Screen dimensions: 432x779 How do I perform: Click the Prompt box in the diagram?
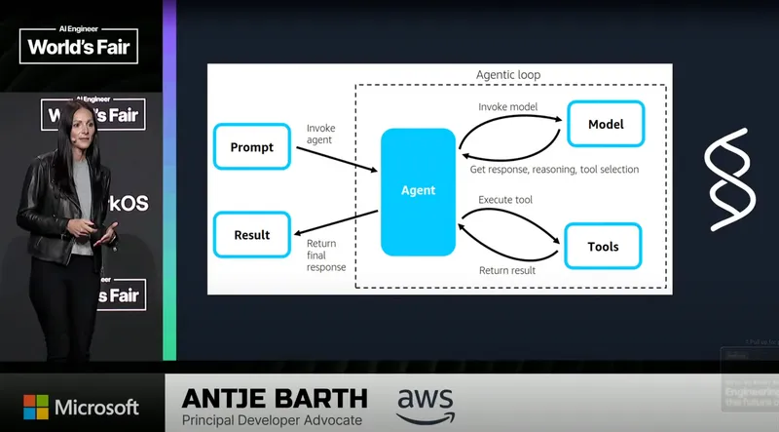[x=252, y=147]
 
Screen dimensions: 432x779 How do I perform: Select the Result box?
[x=252, y=235]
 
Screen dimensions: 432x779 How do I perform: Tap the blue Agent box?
[x=419, y=191]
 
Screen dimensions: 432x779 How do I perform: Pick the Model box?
[x=606, y=125]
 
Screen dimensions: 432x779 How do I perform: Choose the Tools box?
[x=603, y=246]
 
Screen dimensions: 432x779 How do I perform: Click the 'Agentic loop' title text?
[x=507, y=75]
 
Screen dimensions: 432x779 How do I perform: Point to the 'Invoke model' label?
[x=507, y=105]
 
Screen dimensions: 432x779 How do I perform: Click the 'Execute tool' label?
[x=505, y=200]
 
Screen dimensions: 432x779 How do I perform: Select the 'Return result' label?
[x=506, y=270]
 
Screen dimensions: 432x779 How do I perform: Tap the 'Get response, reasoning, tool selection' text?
[x=554, y=169]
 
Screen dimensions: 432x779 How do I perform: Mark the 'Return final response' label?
[x=326, y=255]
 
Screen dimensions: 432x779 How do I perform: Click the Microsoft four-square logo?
[x=36, y=407]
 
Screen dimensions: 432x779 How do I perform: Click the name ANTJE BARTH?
[x=276, y=398]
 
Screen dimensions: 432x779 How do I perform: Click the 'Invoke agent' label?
[x=320, y=134]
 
